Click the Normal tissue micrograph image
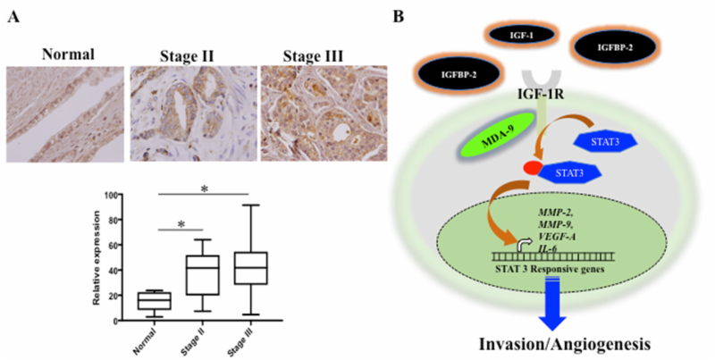(65, 114)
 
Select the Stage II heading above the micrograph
(187, 56)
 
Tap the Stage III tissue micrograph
(324, 113)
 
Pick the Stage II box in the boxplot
(203, 275)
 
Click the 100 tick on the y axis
(111, 195)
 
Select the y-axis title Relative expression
(97, 257)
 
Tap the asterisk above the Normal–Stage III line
(205, 188)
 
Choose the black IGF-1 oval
(522, 35)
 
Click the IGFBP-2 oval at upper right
(615, 47)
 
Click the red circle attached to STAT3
(532, 168)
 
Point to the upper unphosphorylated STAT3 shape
(605, 141)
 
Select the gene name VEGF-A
(555, 238)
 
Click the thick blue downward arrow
(552, 304)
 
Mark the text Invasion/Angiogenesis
(565, 344)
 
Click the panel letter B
(398, 17)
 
